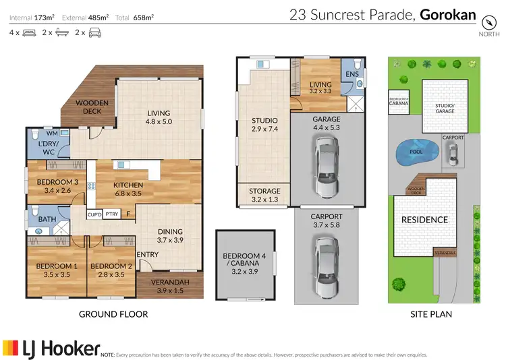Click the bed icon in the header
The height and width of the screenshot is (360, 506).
click(x=28, y=32)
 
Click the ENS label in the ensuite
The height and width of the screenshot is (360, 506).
click(x=352, y=73)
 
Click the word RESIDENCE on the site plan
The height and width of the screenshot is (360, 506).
click(x=424, y=220)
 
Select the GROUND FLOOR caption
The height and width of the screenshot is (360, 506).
click(x=113, y=314)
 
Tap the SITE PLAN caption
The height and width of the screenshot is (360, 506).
click(x=432, y=314)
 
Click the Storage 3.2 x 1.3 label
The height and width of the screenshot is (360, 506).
click(x=264, y=196)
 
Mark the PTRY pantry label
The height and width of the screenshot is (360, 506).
click(x=111, y=214)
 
